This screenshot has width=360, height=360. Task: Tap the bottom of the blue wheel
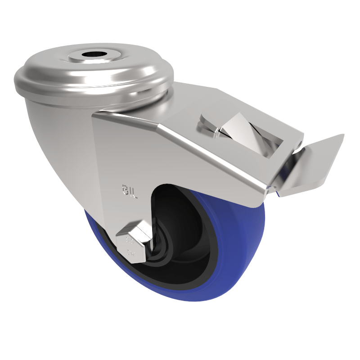click(x=180, y=297)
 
